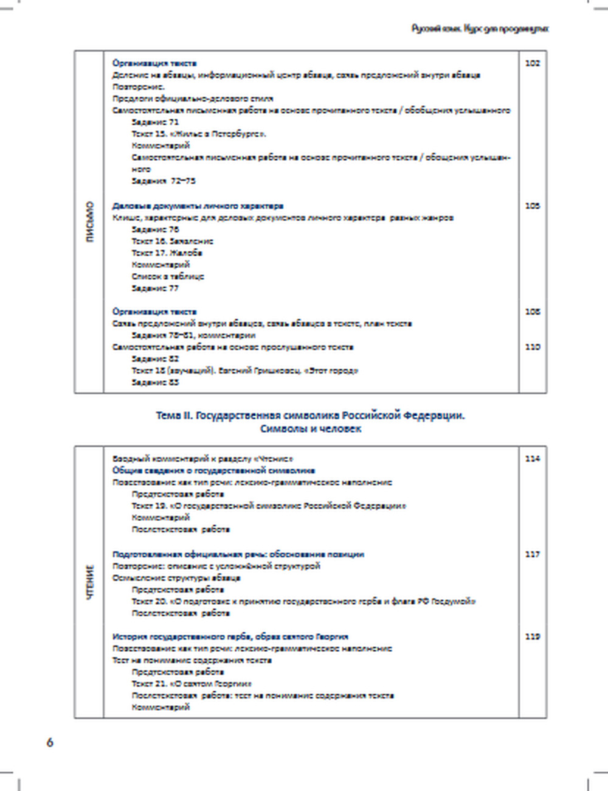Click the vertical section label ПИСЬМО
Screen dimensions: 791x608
tap(90, 222)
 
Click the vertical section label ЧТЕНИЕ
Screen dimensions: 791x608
tap(90, 583)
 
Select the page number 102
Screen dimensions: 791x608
tap(532, 63)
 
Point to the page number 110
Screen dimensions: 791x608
tap(532, 347)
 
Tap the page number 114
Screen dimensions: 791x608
tap(532, 459)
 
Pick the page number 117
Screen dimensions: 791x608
tap(532, 554)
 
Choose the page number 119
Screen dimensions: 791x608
tap(532, 636)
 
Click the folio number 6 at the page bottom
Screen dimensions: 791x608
tap(50, 742)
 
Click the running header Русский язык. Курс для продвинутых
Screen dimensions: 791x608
tap(480, 29)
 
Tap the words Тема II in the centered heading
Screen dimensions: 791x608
tap(174, 416)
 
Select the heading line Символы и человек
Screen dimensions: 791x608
tap(311, 429)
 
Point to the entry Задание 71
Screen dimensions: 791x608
tap(155, 122)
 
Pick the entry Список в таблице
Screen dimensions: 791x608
tap(168, 276)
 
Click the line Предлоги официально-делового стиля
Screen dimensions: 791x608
tap(193, 99)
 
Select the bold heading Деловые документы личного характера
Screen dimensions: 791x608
tap(198, 206)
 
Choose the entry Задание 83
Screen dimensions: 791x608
tap(155, 383)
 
